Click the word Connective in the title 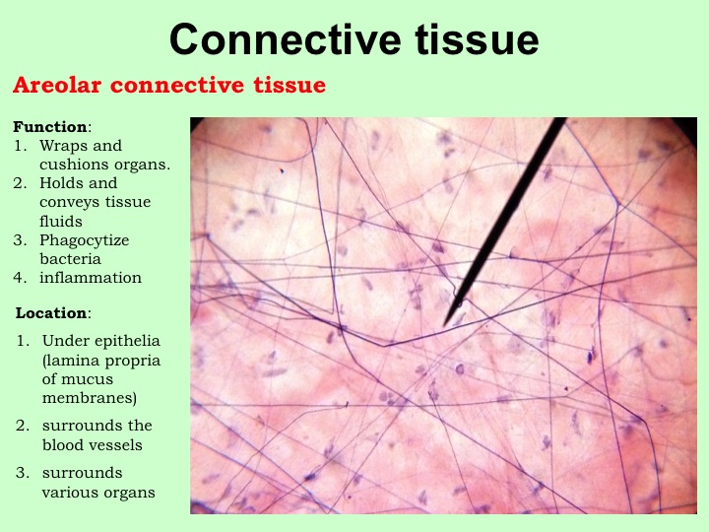[286, 39]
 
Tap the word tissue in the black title [477, 39]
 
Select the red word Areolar [57, 85]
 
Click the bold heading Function [50, 127]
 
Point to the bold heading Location [51, 312]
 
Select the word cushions [75, 165]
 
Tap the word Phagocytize [84, 240]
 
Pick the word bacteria [70, 259]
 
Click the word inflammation [91, 277]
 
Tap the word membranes [90, 398]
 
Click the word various [67, 493]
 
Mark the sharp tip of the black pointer [444, 326]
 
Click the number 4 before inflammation [19, 277]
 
